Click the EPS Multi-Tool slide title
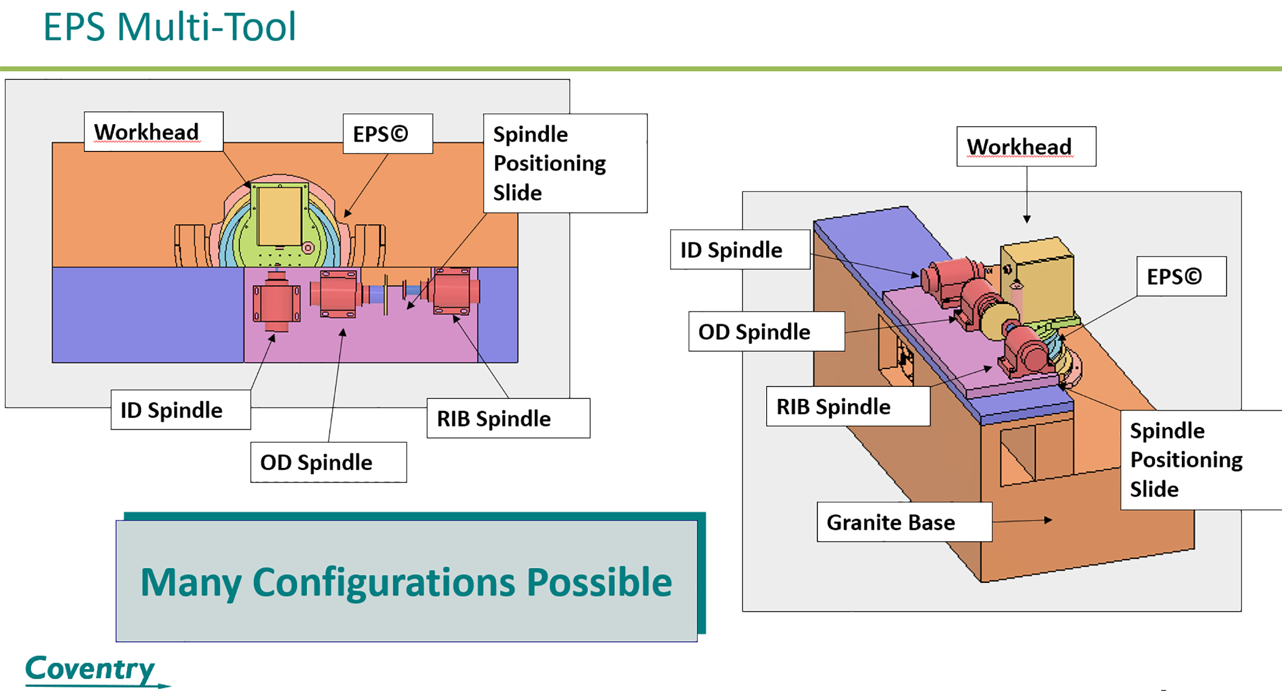click(x=169, y=27)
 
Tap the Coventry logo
click(x=90, y=668)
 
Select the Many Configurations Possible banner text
click(x=406, y=582)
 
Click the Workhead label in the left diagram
click(x=147, y=132)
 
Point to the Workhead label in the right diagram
click(x=1019, y=147)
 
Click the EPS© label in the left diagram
click(x=381, y=134)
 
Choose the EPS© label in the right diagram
click(x=1175, y=277)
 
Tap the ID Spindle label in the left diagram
click(x=172, y=410)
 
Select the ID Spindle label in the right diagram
click(x=731, y=250)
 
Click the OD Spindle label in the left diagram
click(x=316, y=462)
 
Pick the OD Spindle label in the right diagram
click(x=755, y=332)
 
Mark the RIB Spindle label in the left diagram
click(x=494, y=419)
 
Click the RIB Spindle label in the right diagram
click(x=833, y=406)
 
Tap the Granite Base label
click(x=891, y=522)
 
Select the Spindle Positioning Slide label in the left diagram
click(x=549, y=163)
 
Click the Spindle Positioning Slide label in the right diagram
click(x=1186, y=459)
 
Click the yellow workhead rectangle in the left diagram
click(x=280, y=216)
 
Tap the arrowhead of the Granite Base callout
click(x=1048, y=520)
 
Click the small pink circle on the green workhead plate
click(x=308, y=248)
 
